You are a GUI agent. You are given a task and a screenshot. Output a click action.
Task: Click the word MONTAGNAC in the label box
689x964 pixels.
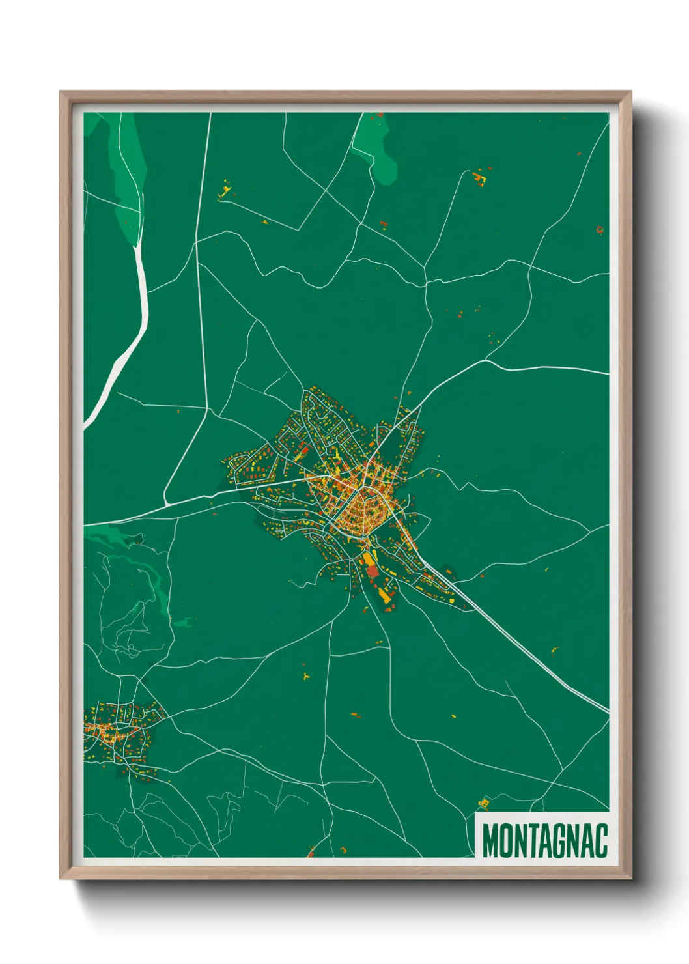(x=545, y=841)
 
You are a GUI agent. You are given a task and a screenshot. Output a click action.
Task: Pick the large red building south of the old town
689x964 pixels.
(x=372, y=571)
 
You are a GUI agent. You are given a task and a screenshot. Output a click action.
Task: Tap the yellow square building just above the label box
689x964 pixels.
(x=483, y=802)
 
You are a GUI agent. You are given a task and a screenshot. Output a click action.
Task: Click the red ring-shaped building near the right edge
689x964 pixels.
(x=599, y=229)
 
